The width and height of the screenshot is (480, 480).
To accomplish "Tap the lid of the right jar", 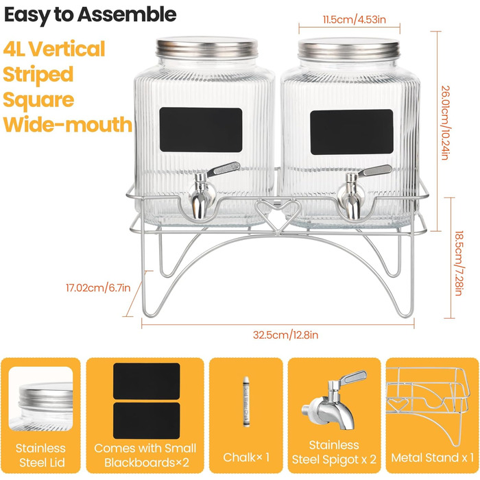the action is (x=349, y=49).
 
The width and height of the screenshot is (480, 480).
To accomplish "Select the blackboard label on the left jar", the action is (x=201, y=130).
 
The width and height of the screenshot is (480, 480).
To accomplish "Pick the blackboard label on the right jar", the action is (x=352, y=132).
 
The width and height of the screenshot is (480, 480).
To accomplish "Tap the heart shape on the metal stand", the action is (x=278, y=214).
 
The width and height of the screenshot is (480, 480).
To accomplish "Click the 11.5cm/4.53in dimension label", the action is (x=355, y=20).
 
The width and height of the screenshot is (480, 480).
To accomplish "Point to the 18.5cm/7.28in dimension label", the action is (x=459, y=263).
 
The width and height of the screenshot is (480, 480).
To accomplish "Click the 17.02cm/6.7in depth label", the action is (x=98, y=288).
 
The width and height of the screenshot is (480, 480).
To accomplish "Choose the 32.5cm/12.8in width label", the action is (x=285, y=335).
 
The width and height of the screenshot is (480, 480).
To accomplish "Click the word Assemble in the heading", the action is (x=127, y=14).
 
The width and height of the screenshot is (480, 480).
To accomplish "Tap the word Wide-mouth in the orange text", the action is (x=68, y=124).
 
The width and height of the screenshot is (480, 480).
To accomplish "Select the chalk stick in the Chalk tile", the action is (x=245, y=401).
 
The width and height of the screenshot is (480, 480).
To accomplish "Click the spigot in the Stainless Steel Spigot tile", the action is (x=334, y=400).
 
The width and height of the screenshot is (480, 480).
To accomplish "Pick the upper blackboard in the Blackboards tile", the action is (x=146, y=381).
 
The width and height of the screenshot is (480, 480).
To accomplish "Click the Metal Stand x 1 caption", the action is (x=432, y=457).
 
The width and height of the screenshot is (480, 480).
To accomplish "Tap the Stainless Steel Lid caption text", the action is (x=40, y=455).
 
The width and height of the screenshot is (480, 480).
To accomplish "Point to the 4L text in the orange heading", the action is (x=14, y=49).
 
